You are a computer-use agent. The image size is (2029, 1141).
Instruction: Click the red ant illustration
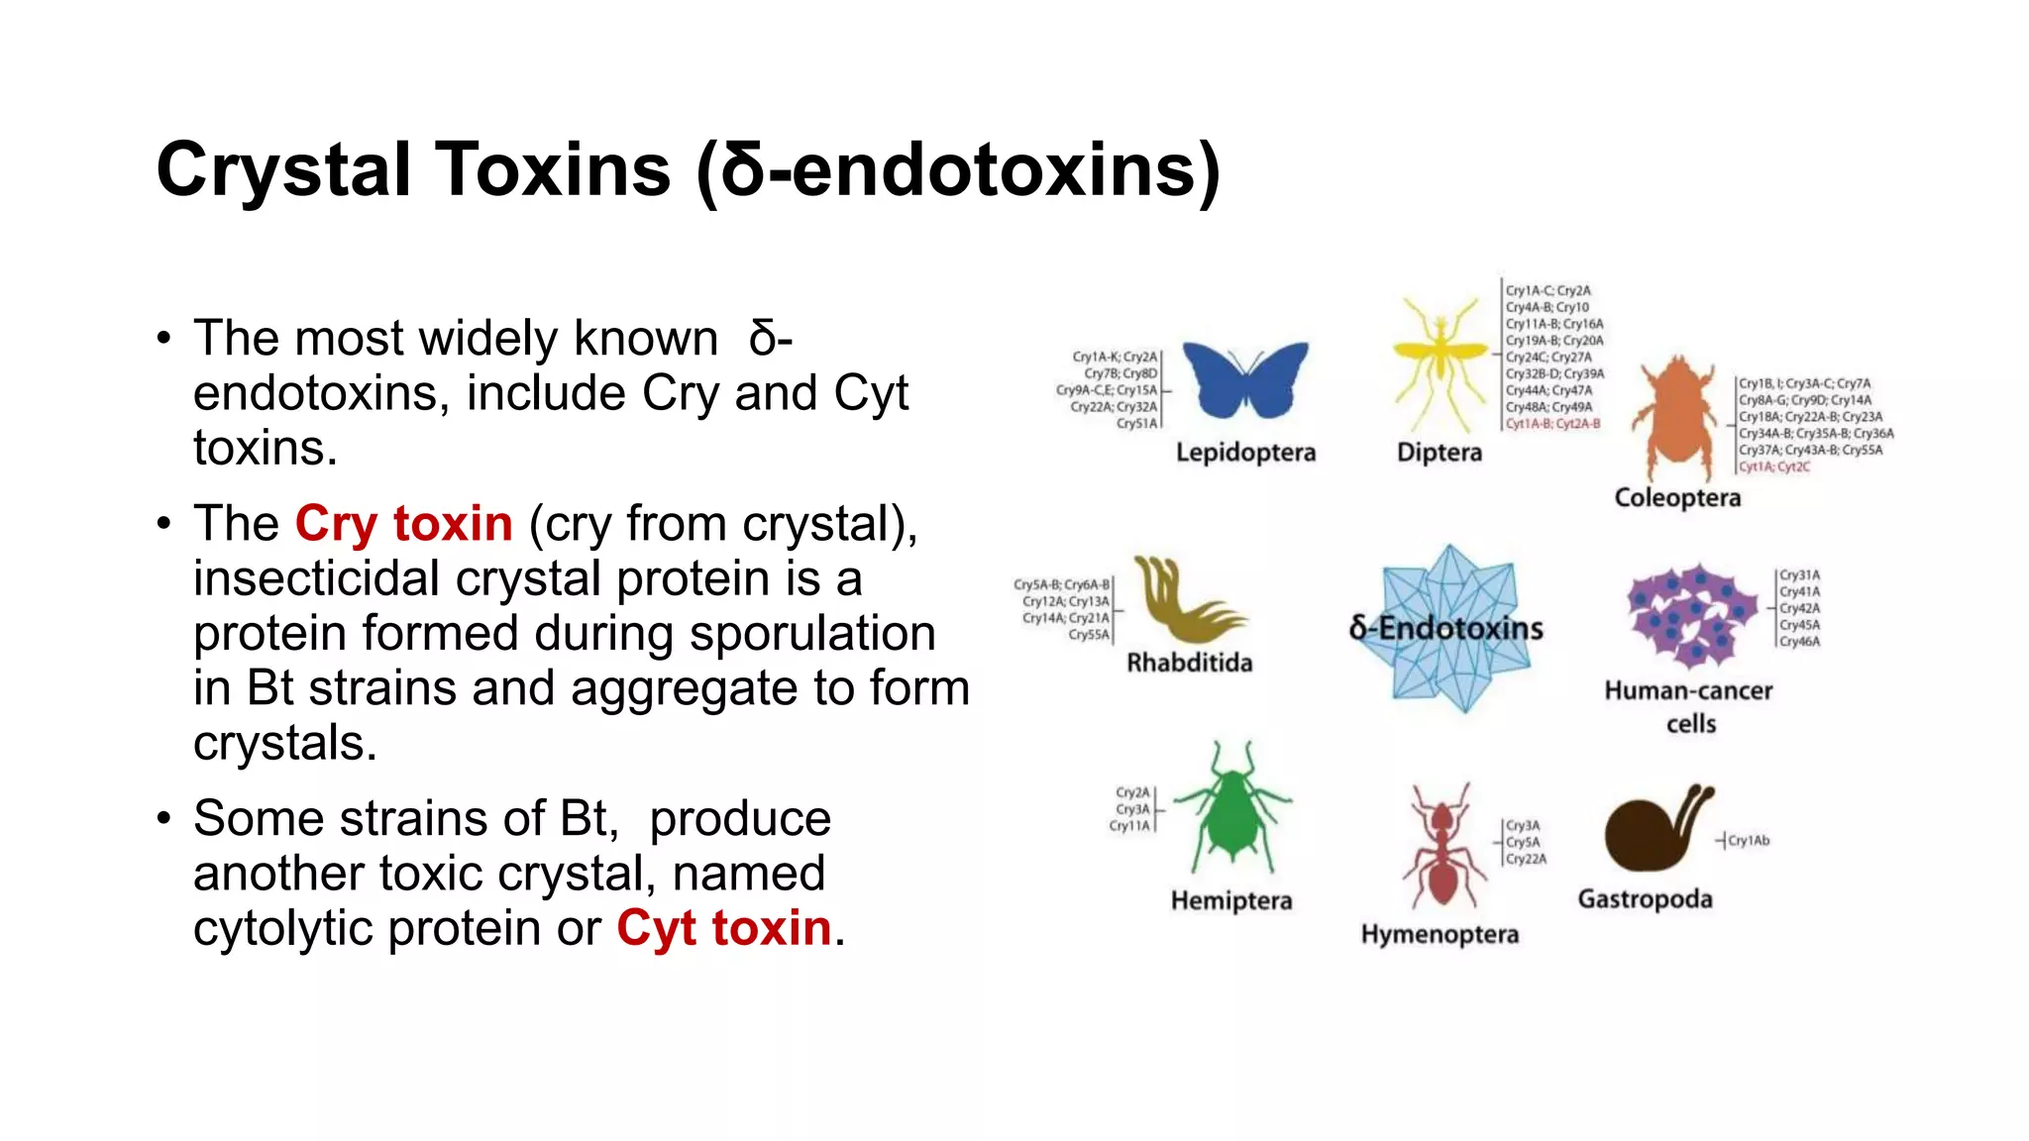tap(1442, 847)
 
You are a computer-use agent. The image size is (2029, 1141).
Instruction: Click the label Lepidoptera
tap(1245, 453)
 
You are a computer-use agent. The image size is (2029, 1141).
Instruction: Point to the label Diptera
tap(1440, 453)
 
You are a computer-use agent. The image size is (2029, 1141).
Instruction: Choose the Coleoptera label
tap(1677, 497)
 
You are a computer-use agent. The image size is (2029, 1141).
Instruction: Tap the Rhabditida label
tap(1189, 663)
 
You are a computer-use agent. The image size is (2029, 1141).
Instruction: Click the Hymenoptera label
tap(1440, 934)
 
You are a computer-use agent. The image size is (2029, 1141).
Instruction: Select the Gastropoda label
tap(1645, 899)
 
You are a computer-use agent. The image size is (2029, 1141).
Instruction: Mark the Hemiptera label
tap(1231, 900)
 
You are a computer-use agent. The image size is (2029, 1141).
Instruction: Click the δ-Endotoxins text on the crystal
tap(1446, 628)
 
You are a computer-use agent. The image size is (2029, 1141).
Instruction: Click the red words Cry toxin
tap(403, 524)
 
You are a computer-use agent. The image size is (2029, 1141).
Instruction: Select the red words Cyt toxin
tap(723, 928)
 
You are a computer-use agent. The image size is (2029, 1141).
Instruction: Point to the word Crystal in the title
tap(283, 170)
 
